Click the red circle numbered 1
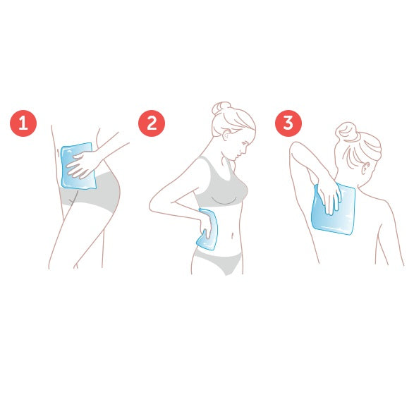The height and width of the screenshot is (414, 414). pos(23,123)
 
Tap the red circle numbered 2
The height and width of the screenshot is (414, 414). pos(152,123)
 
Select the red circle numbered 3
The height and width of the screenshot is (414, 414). pos(288,123)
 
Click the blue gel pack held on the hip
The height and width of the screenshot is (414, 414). pos(78,166)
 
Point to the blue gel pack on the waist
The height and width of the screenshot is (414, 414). pos(209,229)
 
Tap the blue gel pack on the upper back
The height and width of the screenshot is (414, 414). pos(333,209)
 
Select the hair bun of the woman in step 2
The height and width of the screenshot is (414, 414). pos(221,107)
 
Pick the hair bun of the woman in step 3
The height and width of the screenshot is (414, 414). pos(346,130)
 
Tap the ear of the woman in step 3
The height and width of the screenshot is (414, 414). pos(365,167)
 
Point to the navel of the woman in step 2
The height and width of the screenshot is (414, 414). pos(232,235)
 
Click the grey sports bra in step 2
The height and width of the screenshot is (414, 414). pos(221,185)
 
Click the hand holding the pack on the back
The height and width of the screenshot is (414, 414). pos(329,197)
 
